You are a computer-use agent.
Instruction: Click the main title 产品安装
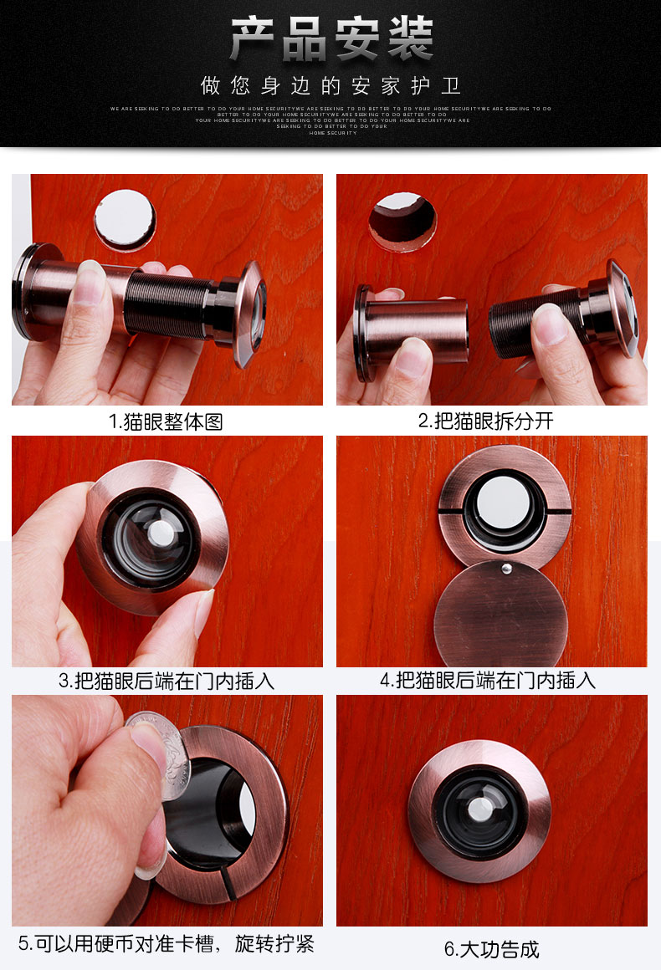(x=331, y=39)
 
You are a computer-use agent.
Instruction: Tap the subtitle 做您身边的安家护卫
(x=331, y=86)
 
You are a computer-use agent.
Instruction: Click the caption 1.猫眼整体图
(x=167, y=421)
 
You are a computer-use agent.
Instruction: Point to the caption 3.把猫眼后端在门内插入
(x=167, y=681)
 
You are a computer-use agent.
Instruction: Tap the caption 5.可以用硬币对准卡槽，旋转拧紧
(x=167, y=944)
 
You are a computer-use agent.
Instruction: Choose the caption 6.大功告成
(x=491, y=949)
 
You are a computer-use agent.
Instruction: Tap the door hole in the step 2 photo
(x=402, y=220)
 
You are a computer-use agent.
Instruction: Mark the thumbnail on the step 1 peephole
(x=90, y=281)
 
